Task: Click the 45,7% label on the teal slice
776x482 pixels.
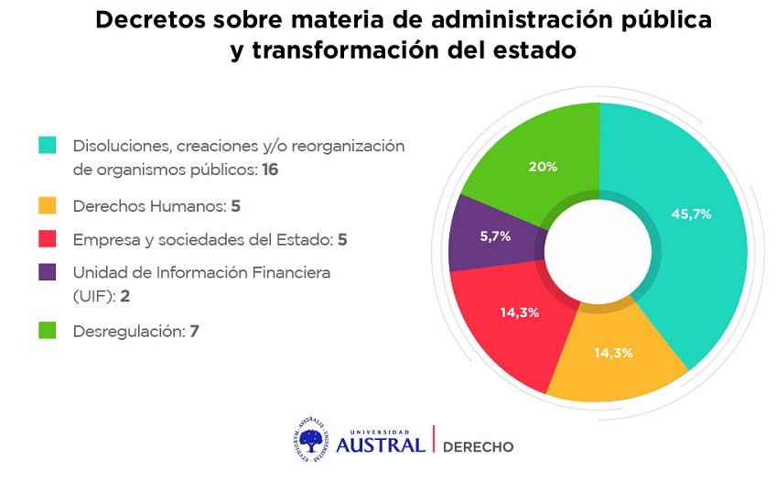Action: [691, 214]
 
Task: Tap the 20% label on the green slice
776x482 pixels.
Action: [543, 167]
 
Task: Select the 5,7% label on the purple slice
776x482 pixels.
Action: [495, 236]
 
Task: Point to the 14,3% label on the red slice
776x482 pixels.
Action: [519, 312]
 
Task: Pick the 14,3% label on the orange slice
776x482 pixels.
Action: [613, 353]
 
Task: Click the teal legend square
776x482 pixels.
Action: [47, 145]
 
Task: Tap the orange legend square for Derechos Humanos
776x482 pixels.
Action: [47, 205]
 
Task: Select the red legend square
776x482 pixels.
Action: [47, 239]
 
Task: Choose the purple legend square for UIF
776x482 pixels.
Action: [47, 272]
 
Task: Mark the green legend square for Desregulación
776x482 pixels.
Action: [47, 331]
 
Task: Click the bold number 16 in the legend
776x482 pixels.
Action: [270, 170]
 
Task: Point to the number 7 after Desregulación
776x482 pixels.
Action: [195, 331]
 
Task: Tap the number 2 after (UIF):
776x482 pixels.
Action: [124, 296]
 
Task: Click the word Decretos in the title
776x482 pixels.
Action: [150, 20]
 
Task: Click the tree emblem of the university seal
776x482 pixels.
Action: [311, 440]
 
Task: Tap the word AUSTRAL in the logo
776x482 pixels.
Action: [381, 444]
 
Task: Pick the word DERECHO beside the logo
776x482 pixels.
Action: [478, 447]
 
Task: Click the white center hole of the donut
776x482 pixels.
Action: [598, 252]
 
